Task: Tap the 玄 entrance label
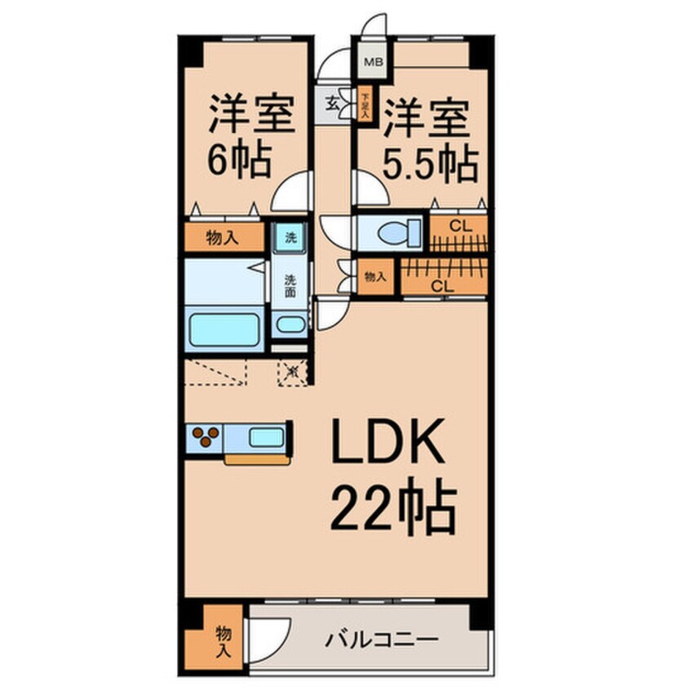(333, 104)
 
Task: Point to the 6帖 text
(238, 161)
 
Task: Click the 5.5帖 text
(430, 166)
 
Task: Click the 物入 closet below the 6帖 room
(223, 238)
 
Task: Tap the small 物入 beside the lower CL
(375, 277)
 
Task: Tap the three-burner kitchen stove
(206, 436)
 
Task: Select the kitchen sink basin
(266, 437)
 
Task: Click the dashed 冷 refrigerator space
(294, 374)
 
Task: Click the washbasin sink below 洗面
(290, 323)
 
